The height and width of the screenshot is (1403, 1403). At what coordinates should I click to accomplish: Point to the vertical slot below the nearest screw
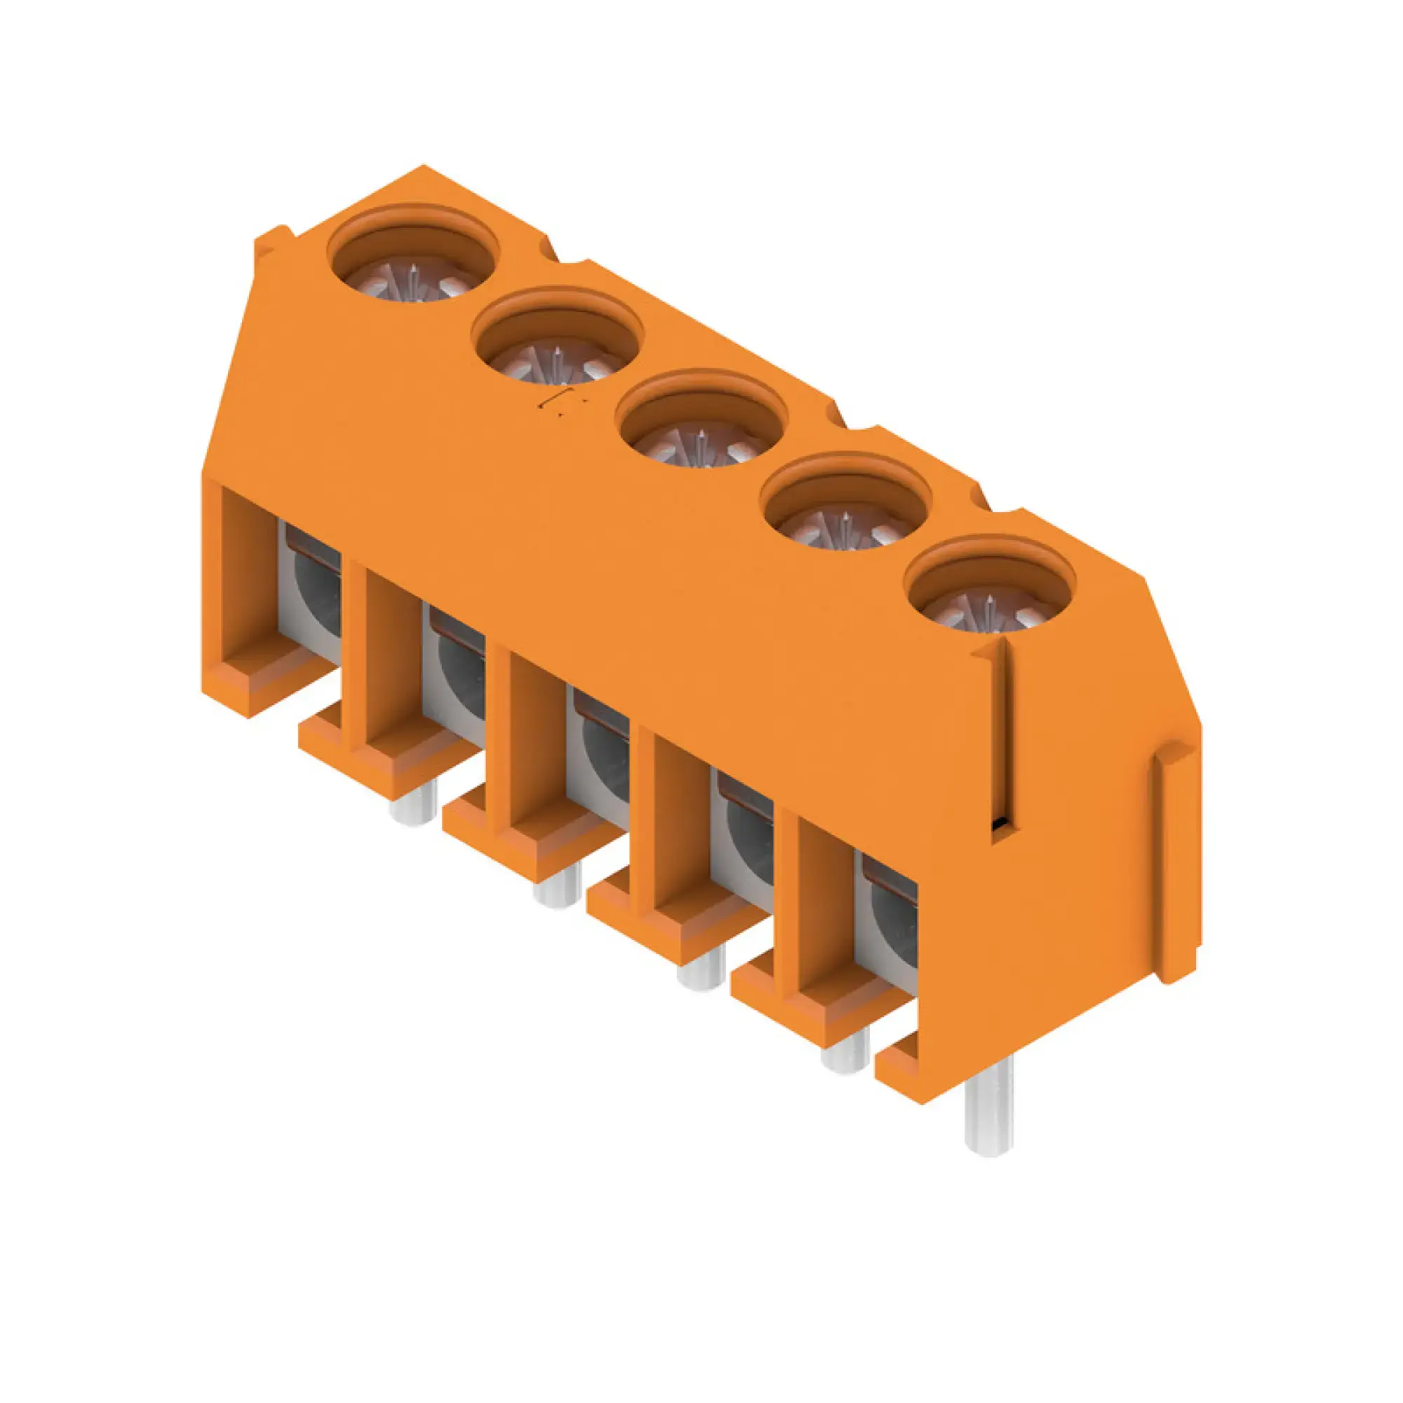(1003, 737)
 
